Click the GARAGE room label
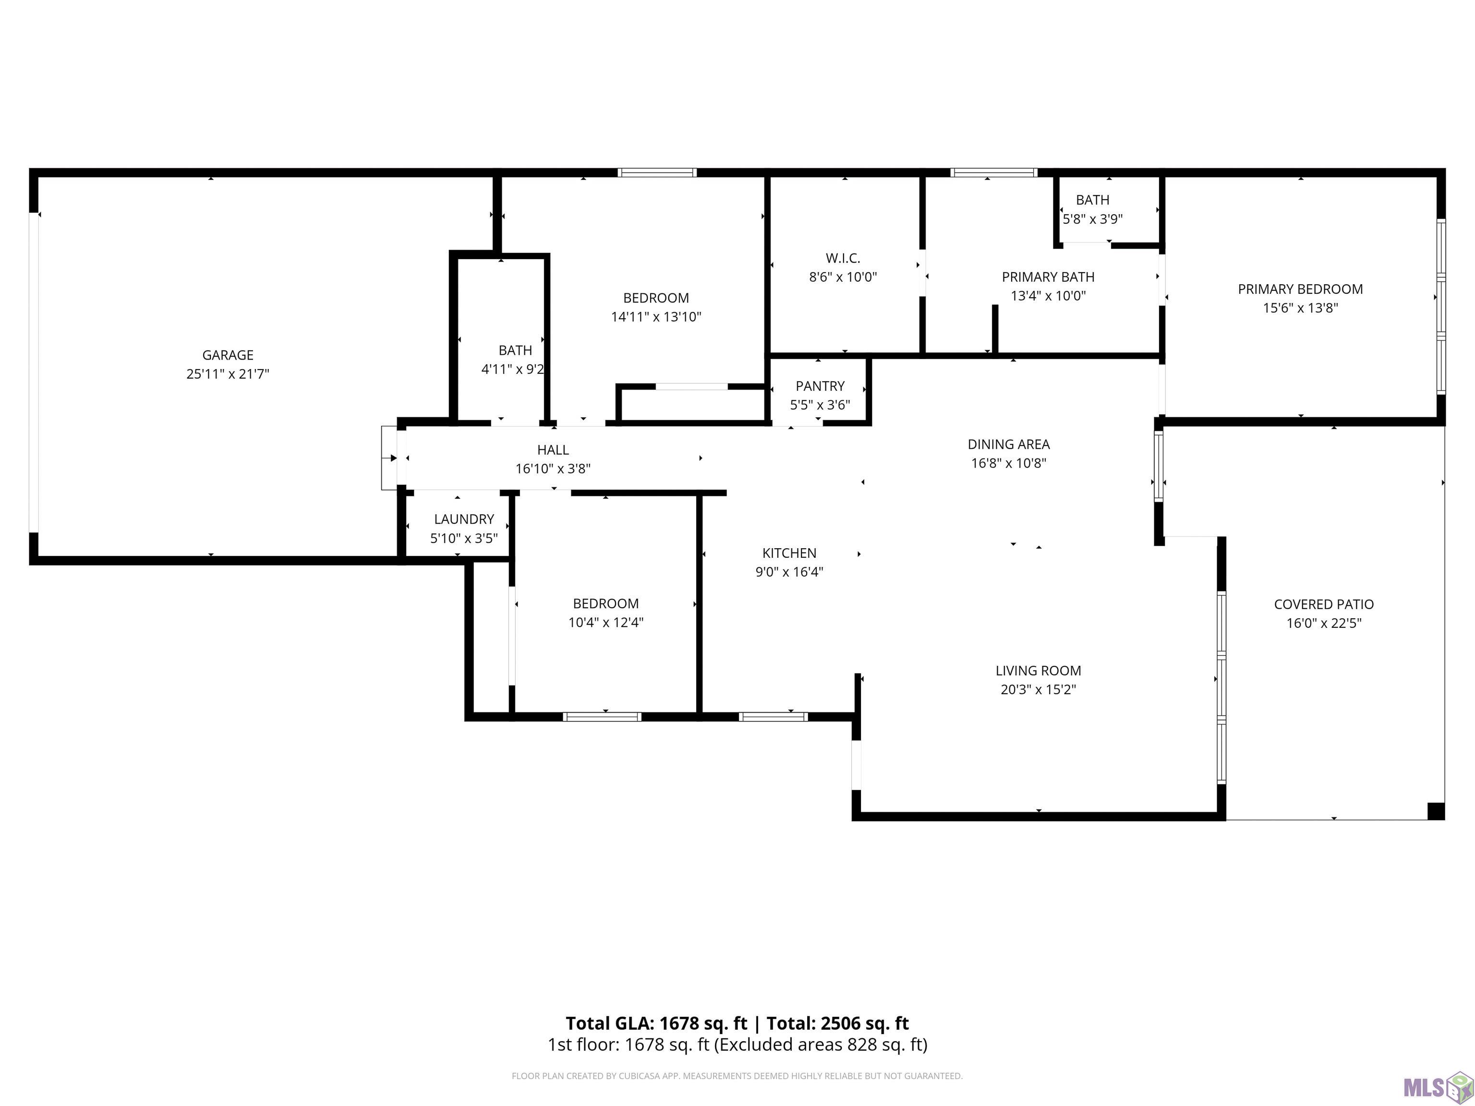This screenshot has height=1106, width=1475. [228, 355]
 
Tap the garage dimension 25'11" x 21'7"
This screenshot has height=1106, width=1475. [228, 374]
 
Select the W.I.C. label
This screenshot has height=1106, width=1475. [843, 258]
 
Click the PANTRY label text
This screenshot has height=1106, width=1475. [820, 386]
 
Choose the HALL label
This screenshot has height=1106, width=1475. [553, 450]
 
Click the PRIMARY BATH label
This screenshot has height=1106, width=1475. [1048, 276]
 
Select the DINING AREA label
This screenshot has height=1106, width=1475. [1008, 444]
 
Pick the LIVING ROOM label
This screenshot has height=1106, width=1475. [1038, 671]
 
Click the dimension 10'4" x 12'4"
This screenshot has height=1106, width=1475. [605, 623]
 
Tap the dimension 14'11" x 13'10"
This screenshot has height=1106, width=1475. [656, 317]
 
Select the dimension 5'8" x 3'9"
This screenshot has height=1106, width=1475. [1092, 219]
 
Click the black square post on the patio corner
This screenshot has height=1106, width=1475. [1436, 811]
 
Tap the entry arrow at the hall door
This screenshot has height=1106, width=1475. [389, 458]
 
